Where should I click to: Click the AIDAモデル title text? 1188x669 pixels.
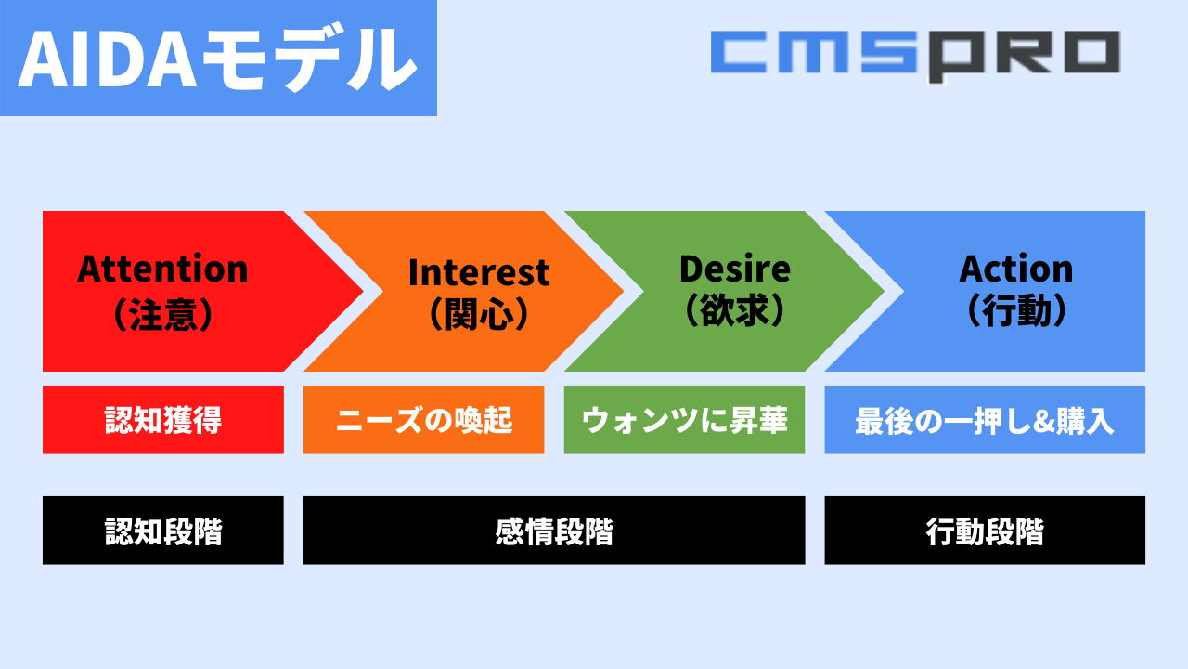point(217,59)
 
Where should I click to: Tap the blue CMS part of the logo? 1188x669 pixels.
point(815,52)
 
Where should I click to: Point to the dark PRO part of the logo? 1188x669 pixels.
point(1024,57)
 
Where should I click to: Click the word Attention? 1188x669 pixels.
point(162,269)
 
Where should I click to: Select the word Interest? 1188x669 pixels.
point(479,272)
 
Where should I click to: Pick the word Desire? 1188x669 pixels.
point(735,269)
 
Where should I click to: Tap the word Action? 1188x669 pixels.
point(1016,269)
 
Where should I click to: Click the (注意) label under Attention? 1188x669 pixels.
point(163,314)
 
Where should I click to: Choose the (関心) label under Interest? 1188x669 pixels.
point(479,313)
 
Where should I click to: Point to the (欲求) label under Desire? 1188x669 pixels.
point(735,310)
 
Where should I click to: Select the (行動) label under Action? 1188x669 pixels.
point(1016,310)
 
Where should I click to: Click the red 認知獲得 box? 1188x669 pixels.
point(163,419)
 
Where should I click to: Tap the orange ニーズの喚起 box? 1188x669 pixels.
point(424,419)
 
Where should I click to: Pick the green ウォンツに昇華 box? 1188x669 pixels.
point(684,419)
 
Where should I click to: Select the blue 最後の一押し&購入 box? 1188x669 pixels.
point(985,419)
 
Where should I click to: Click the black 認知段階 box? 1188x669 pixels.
point(163,531)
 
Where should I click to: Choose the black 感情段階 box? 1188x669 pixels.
point(554,531)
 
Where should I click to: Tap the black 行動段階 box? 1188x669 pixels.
point(985,531)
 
